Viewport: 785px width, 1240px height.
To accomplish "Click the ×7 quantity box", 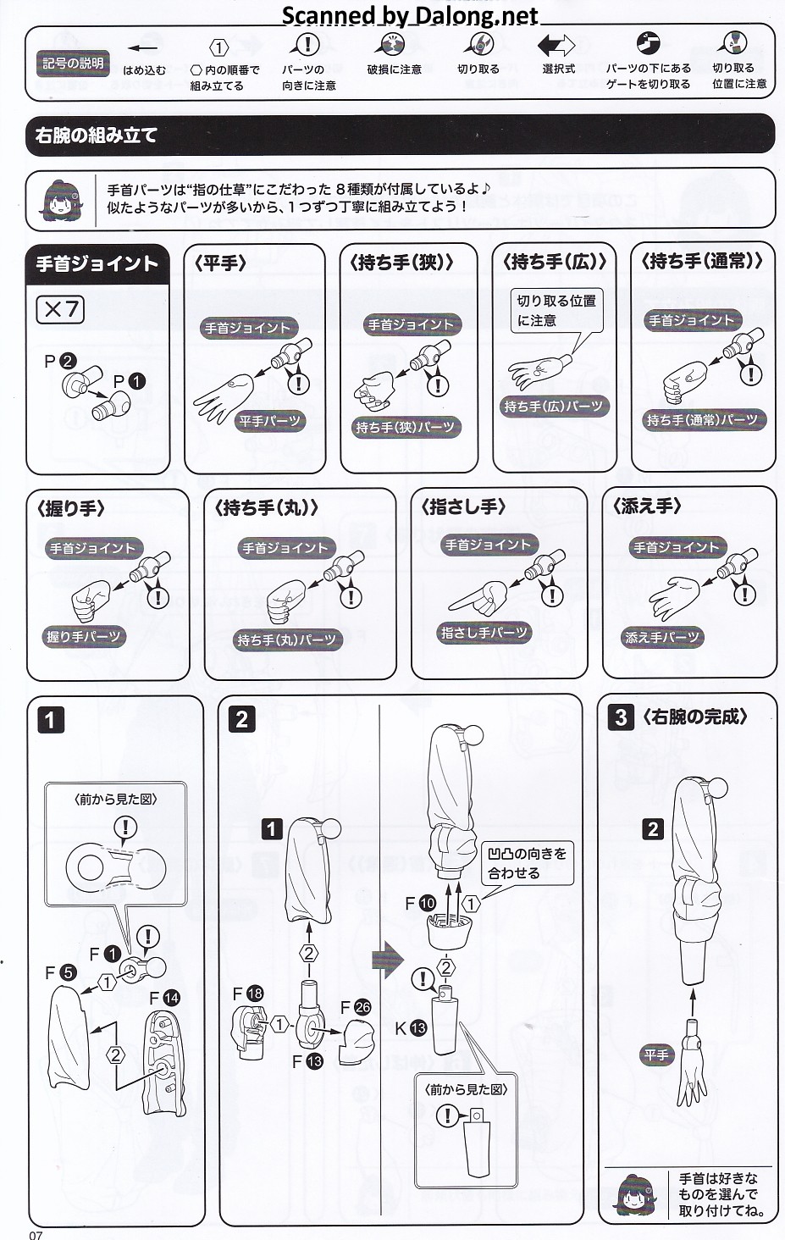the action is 60,309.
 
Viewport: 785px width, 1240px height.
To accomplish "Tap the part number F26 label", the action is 356,1007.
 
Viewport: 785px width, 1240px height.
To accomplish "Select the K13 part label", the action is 411,1028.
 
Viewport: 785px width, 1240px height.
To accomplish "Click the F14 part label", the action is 164,998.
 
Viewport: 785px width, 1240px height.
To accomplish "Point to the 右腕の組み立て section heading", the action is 97,135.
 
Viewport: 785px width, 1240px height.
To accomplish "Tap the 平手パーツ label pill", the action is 269,421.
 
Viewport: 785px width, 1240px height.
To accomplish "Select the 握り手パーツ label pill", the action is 84,637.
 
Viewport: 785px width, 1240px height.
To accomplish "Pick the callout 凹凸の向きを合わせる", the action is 527,863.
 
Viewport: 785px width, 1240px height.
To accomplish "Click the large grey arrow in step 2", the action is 388,960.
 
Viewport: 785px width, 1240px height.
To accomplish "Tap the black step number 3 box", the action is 621,717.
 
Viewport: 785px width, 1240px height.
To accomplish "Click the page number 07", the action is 36,1235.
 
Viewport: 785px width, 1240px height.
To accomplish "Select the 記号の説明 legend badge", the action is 73,64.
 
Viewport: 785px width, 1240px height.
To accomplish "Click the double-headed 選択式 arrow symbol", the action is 556,46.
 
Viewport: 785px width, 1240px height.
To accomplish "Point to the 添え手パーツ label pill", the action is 661,637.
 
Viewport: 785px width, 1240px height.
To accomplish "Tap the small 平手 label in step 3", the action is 656,1055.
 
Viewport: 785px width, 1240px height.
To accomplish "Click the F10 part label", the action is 421,904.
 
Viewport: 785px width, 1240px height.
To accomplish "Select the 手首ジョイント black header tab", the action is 97,264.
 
